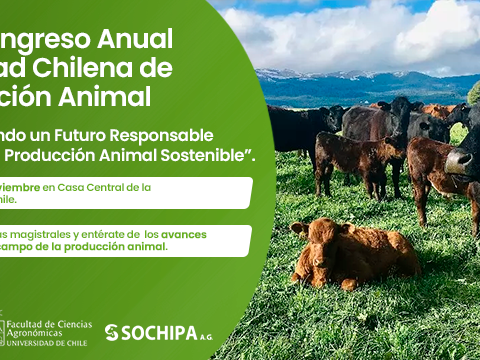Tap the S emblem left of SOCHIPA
pos(111,332)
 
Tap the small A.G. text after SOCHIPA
pos(205,335)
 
